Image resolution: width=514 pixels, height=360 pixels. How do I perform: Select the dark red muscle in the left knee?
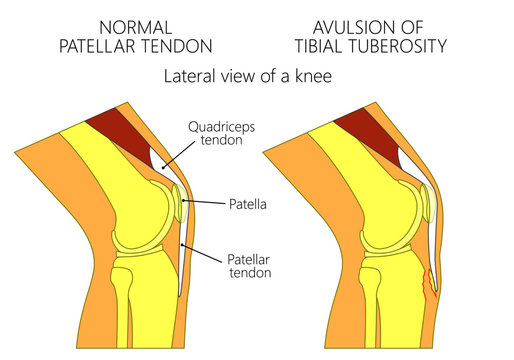[x=107, y=130]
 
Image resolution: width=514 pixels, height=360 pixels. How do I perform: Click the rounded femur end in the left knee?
[x=140, y=205]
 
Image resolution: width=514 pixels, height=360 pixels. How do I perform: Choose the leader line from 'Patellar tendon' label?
[x=210, y=253]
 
